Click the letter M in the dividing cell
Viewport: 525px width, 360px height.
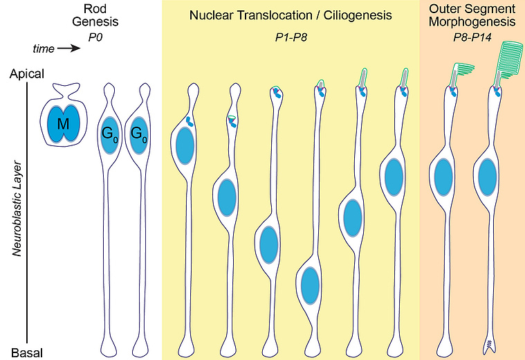point(63,124)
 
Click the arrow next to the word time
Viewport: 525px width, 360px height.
point(69,48)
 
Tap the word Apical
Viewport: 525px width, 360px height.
point(27,74)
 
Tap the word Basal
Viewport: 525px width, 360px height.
point(27,353)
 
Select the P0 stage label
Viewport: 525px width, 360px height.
point(95,37)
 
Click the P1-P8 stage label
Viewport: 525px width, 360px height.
point(291,37)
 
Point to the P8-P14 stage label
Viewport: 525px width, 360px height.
point(472,37)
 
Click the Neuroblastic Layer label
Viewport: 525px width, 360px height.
point(17,209)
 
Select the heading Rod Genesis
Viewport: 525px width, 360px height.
point(95,15)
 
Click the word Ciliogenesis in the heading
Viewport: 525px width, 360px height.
point(358,15)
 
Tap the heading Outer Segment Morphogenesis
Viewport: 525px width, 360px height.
point(472,15)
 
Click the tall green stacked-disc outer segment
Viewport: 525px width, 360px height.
point(508,60)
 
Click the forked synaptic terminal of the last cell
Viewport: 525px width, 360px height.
point(489,346)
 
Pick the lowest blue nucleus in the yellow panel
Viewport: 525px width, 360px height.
point(310,286)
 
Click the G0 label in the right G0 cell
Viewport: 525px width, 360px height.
point(138,134)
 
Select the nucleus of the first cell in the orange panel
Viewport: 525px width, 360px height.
point(443,177)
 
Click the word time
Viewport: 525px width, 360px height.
point(44,49)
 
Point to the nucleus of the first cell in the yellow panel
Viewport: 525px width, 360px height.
point(185,146)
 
